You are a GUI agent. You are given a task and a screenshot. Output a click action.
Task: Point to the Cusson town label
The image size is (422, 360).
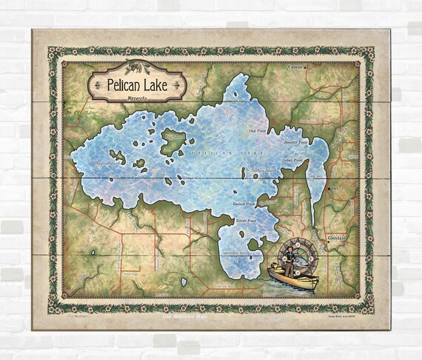pyautogui.click(x=296, y=67)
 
